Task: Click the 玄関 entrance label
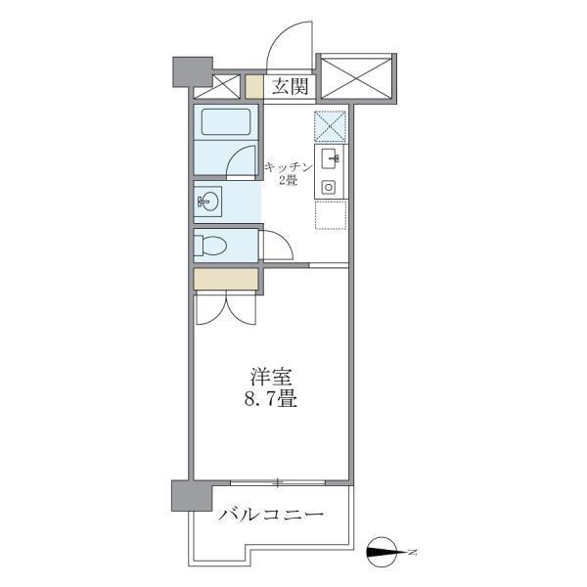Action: pos(291,87)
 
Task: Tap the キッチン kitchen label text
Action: pos(288,167)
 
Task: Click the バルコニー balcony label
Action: pos(271,515)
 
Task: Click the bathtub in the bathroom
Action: pos(226,123)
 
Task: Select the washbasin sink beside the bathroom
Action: pos(207,203)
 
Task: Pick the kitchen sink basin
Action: pos(331,158)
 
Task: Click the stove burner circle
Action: pos(330,186)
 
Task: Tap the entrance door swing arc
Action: pos(290,44)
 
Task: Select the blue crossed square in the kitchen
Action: pos(331,126)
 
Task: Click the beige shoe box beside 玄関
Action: pos(254,86)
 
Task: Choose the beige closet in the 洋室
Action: pos(226,280)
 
